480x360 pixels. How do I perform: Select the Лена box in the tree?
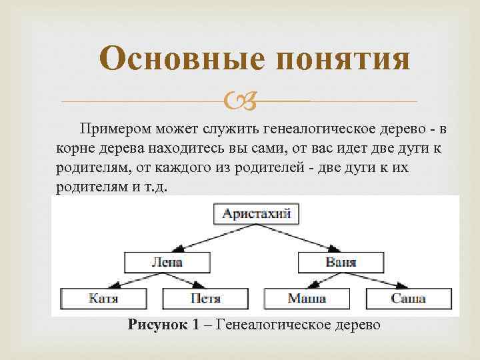coord(167,261)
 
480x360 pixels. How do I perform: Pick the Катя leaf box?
coord(103,298)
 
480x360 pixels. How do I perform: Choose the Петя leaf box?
coord(205,298)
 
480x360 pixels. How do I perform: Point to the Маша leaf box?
coord(307,298)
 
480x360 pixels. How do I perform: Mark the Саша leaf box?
coord(409,298)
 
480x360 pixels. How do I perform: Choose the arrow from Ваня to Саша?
coord(373,279)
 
